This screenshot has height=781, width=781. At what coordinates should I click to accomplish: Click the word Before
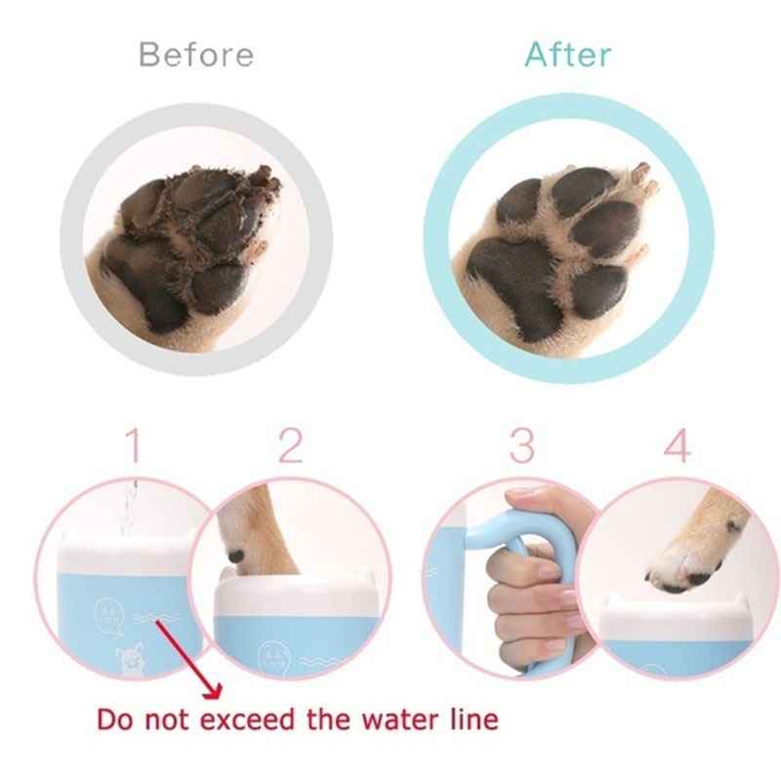pyautogui.click(x=196, y=54)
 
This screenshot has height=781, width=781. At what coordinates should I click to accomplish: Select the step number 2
pyautogui.click(x=290, y=448)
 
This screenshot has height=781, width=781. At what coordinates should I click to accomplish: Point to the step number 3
pyautogui.click(x=521, y=448)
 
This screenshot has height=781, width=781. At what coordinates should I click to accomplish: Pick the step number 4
pyautogui.click(x=677, y=448)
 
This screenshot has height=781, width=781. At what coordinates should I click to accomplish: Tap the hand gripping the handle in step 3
pyautogui.click(x=532, y=586)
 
